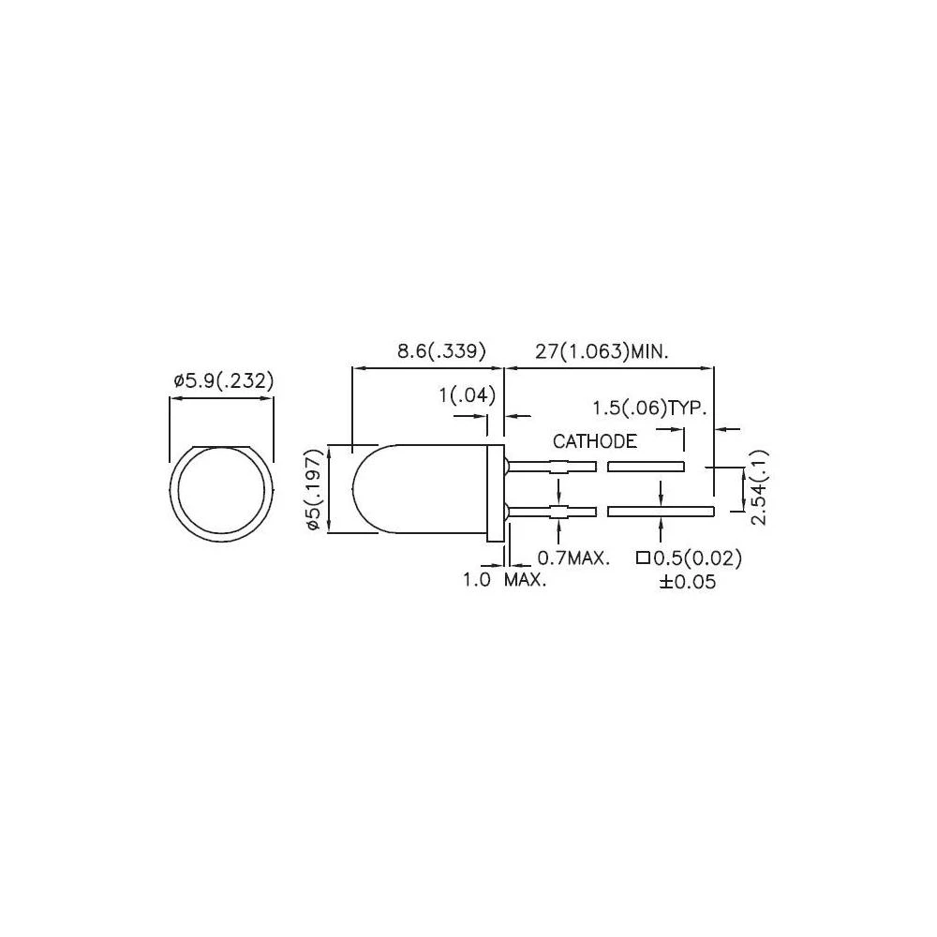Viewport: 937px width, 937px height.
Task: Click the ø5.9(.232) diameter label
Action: (222, 381)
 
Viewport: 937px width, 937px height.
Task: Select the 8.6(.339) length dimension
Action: (440, 352)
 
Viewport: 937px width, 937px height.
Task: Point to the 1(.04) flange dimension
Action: (466, 396)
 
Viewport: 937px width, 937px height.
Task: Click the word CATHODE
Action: (594, 441)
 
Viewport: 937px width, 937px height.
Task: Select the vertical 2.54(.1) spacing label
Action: (759, 487)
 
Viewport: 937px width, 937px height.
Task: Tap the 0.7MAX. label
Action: (574, 558)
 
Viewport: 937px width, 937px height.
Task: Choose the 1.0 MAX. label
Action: (504, 580)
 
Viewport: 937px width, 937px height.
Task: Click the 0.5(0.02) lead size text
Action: (697, 558)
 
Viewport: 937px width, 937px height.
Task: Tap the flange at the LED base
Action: (495, 493)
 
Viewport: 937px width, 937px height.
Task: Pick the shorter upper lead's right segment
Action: (646, 466)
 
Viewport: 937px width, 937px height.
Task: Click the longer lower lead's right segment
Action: (661, 512)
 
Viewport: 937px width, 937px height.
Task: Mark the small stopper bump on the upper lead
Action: (558, 467)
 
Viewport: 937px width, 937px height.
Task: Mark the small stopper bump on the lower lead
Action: (558, 512)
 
